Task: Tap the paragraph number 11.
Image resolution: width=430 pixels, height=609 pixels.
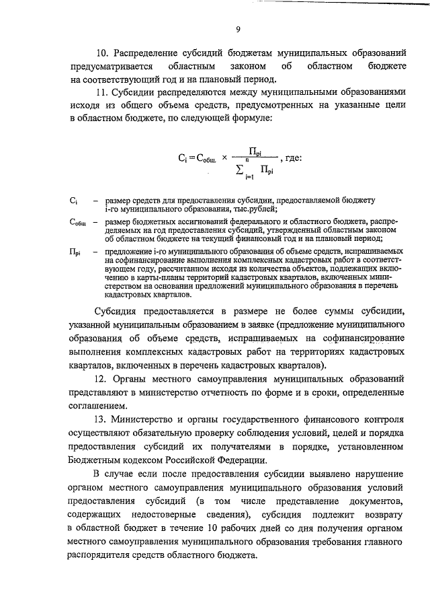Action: click(x=103, y=92)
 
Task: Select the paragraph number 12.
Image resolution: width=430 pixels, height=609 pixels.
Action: click(x=102, y=380)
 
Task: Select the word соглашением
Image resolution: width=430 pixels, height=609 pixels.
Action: click(x=97, y=406)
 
